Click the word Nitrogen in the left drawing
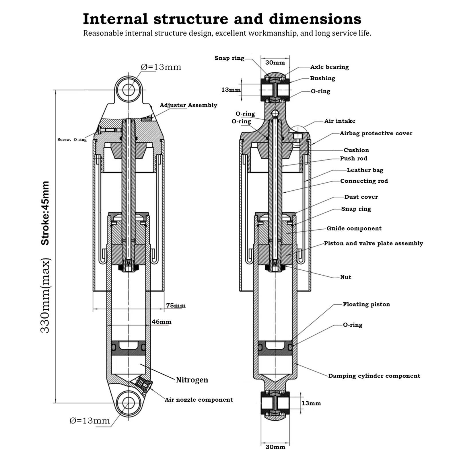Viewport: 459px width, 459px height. pos(192,380)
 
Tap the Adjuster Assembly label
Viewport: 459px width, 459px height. pos(188,105)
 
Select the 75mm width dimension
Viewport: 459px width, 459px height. pos(176,306)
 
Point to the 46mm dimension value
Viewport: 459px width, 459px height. pos(162,322)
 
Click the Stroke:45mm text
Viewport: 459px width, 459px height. pos(45,213)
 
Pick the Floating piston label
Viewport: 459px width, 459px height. pos(366,304)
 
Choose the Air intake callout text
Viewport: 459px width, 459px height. pos(340,121)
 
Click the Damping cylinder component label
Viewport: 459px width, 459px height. pos(374,376)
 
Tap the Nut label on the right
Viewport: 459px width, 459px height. pos(346,277)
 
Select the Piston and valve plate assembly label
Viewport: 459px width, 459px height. pos(374,243)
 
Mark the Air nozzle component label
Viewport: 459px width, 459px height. pos(199,400)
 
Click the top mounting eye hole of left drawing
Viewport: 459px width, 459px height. pos(129,90)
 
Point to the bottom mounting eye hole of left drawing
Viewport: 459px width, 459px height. pos(129,403)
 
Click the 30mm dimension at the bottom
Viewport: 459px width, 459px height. pos(275,447)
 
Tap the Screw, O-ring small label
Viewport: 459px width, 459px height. pos(72,140)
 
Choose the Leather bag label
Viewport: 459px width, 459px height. pos(365,170)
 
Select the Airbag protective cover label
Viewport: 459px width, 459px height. pos(376,133)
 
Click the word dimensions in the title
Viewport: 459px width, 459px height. pos(315,19)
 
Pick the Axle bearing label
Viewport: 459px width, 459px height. pos(329,67)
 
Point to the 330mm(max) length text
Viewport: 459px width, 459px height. pos(45,296)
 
